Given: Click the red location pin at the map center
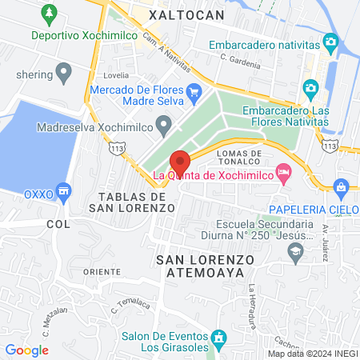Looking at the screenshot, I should pos(180,163).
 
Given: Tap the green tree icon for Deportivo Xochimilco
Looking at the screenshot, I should pos(50,14).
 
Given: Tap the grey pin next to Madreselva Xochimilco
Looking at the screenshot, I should pos(164,125).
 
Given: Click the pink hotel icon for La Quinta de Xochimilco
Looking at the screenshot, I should pos(282,172).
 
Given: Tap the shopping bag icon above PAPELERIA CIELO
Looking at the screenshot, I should pos(342,188).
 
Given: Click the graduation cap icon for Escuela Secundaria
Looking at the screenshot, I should pos(295,252).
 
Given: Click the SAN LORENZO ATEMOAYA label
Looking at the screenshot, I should pos(205,266).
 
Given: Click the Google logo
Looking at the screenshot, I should pos(26,350).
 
